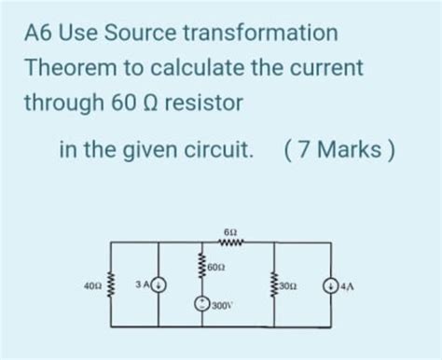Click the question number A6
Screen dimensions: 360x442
[x=40, y=33]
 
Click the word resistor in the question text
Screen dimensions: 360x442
[x=200, y=104]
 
